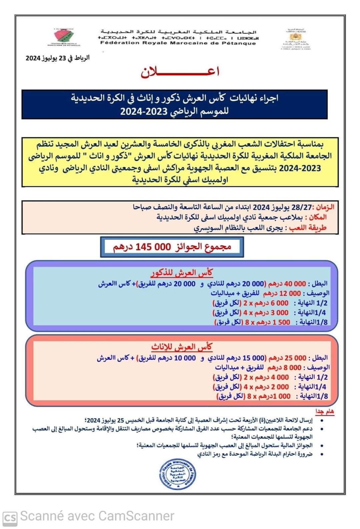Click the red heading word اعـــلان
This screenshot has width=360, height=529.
coord(180,72)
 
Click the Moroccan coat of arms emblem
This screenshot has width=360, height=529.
coord(295,37)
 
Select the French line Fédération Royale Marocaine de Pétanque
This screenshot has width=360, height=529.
coord(178,43)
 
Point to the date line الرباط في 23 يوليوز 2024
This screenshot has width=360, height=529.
coord(58,58)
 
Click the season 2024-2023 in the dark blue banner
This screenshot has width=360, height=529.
coord(144,111)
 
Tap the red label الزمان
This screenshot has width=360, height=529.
coord(325,207)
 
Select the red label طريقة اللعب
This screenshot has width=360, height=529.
coord(307,228)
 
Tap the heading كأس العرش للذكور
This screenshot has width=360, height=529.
coord(182,273)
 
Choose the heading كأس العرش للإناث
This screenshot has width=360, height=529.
coord(182,347)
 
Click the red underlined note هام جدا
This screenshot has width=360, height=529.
coord(325,412)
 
